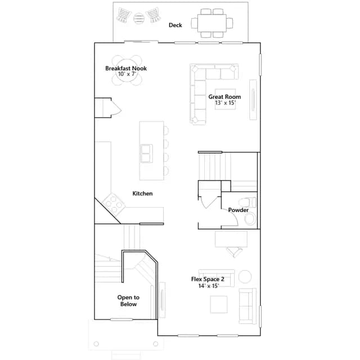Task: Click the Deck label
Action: coord(175,25)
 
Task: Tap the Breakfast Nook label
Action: coord(126,68)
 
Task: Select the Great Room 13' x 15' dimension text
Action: coord(225,102)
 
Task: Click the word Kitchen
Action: coord(142,193)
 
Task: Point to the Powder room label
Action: coord(238,210)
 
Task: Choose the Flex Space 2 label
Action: coord(208,279)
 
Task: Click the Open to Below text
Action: coord(128,300)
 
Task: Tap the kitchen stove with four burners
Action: coord(114,204)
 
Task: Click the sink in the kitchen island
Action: coord(146,154)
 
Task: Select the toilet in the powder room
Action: coord(247,202)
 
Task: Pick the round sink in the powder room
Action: coord(250,218)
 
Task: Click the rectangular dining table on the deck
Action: coord(212,23)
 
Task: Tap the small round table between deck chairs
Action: coord(139,18)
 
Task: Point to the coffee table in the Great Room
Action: coord(225,99)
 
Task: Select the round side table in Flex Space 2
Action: coord(245,276)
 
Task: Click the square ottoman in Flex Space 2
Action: coord(219,304)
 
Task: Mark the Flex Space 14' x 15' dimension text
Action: coord(209,286)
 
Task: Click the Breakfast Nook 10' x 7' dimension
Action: coord(127,74)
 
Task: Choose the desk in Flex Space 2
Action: coord(231,238)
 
